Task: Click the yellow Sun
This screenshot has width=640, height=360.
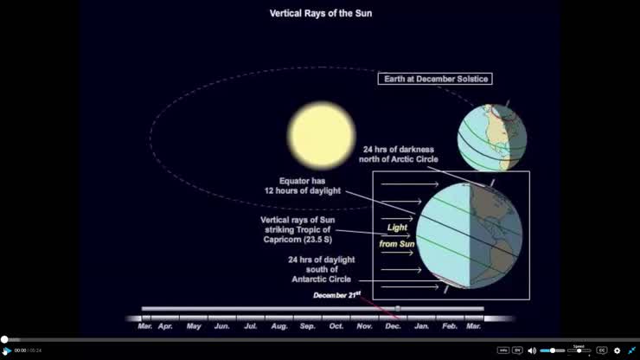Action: point(322,133)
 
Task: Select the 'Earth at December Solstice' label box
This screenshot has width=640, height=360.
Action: point(435,79)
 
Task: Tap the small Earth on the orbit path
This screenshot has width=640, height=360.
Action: point(491,138)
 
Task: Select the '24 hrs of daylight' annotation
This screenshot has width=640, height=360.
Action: point(320,269)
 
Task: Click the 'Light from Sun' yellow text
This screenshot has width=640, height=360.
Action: point(397,236)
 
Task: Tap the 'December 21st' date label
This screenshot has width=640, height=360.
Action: point(336,296)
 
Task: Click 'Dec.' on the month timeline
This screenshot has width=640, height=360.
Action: point(393,326)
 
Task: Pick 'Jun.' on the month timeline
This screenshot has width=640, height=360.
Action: point(222,326)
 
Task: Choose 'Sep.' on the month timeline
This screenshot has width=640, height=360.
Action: point(308,326)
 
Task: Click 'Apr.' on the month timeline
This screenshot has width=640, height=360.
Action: point(165,326)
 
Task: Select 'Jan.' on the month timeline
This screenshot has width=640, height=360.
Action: point(422,326)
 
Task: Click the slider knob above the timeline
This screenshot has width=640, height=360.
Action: point(398,308)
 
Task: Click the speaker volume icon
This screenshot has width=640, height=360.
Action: point(531,350)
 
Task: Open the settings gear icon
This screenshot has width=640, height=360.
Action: point(617,350)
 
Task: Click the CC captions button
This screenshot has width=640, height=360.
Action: point(602,350)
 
